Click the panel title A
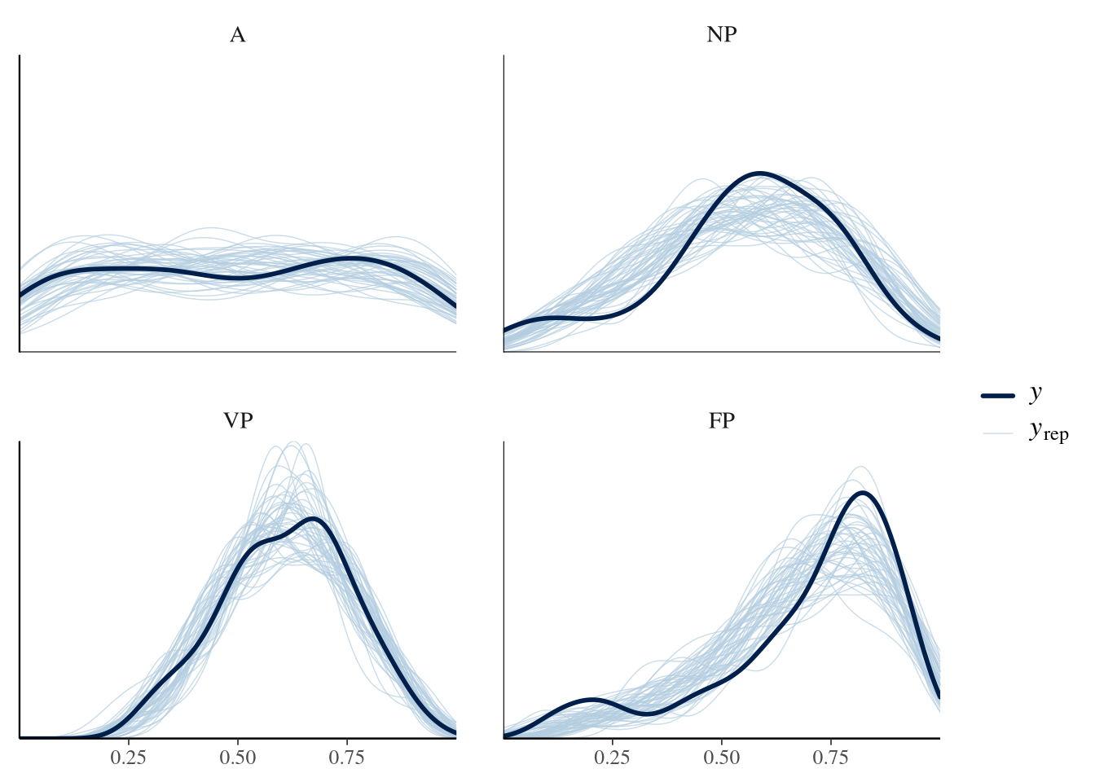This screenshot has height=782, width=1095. (237, 35)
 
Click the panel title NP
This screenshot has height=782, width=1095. (722, 35)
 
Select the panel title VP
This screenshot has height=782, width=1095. (237, 421)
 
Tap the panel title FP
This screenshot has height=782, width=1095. (722, 421)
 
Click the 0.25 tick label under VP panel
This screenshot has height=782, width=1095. (129, 758)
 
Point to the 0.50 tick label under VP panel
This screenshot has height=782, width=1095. (237, 758)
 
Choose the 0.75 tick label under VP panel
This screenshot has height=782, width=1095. (346, 758)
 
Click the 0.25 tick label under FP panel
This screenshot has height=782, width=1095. (613, 758)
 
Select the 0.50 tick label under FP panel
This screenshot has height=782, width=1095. (722, 758)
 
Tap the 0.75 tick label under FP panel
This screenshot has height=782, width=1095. (830, 758)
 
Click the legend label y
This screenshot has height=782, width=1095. (1036, 393)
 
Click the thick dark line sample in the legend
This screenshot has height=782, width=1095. (997, 396)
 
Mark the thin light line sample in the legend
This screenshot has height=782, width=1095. (997, 433)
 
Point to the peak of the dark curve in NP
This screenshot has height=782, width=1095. (759, 174)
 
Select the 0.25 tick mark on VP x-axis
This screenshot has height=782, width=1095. (129, 740)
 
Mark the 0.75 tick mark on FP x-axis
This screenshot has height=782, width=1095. (830, 740)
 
